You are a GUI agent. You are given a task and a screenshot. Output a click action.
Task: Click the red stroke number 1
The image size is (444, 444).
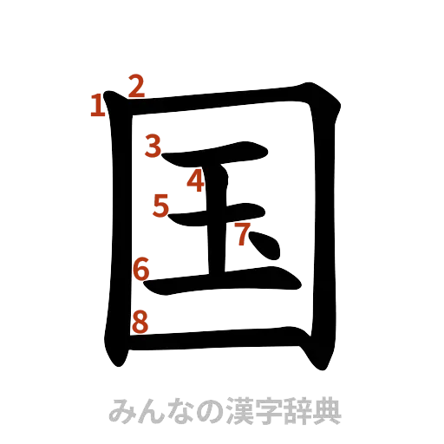click(98, 106)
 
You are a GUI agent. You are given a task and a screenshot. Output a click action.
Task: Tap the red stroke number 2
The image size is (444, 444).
click(136, 85)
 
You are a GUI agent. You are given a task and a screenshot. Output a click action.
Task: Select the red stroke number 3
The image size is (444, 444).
click(154, 146)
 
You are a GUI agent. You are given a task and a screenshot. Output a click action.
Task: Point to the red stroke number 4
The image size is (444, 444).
click(195, 180)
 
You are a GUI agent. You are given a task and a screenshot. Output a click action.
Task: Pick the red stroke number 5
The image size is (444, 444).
click(161, 206)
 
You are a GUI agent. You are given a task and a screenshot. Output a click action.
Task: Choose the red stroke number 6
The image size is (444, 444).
click(141, 270)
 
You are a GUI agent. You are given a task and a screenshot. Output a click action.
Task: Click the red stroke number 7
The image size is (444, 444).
click(244, 232)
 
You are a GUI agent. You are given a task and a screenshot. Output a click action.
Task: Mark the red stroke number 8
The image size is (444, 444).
click(140, 322)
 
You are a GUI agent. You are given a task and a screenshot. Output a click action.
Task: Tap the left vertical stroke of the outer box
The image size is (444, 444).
click(116, 234)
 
